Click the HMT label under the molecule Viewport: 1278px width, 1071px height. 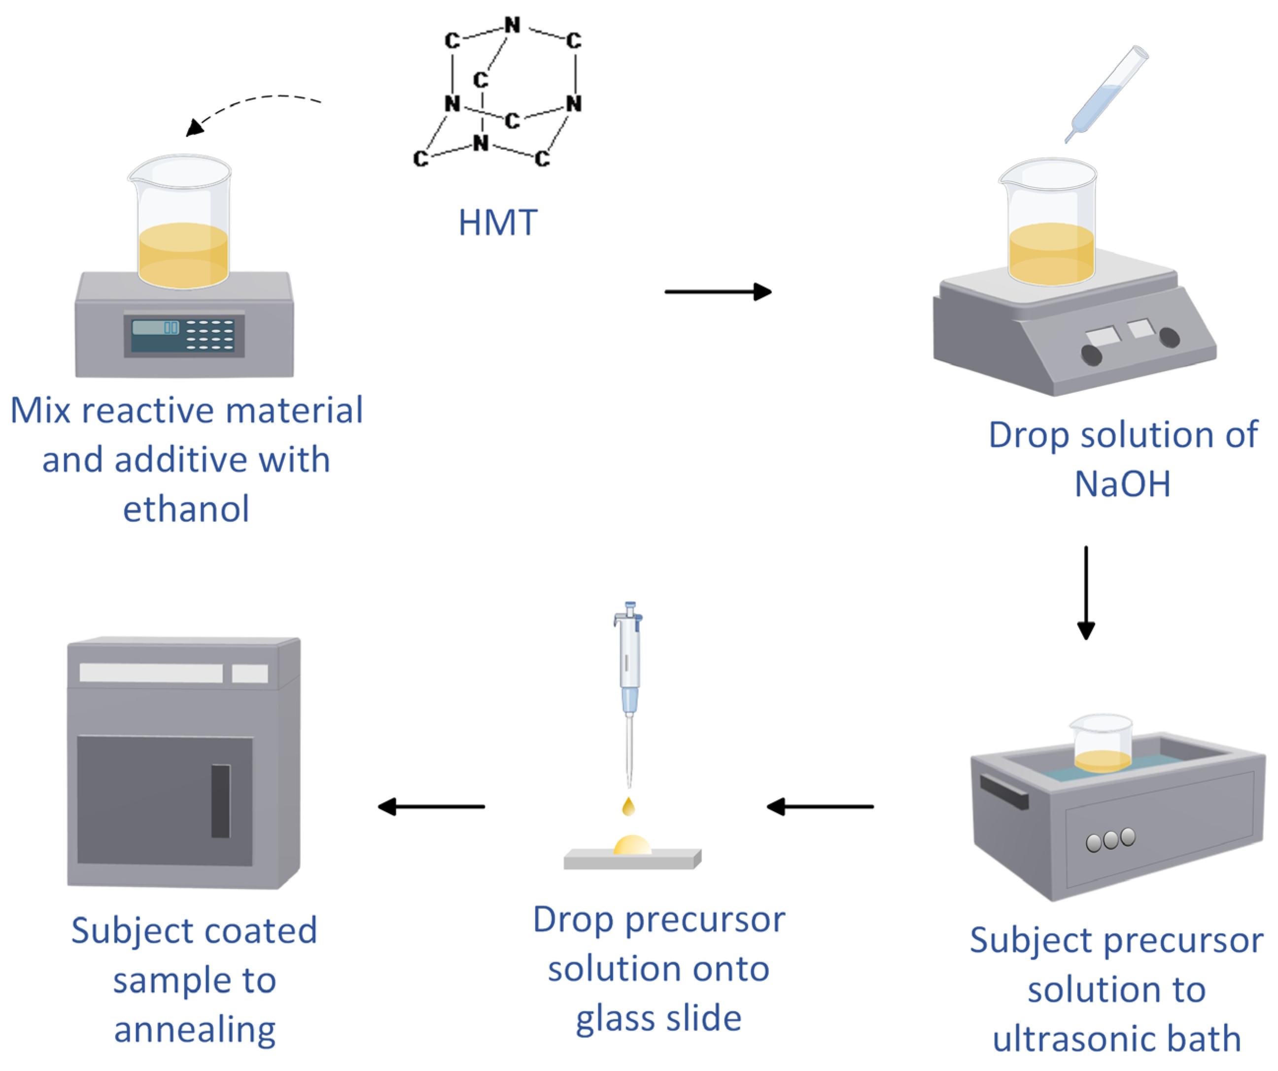(x=497, y=223)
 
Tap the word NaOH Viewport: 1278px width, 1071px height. (x=1122, y=484)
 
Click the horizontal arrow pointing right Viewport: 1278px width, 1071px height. (x=718, y=292)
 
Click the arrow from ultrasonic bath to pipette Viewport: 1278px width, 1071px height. (x=820, y=807)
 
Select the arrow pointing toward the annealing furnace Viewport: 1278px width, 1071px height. (x=431, y=807)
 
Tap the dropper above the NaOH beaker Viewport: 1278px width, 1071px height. (x=1106, y=94)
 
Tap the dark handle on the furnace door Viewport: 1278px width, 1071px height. (x=220, y=801)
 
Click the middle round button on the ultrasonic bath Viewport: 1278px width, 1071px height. (x=1110, y=840)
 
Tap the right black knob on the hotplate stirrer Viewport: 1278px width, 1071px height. (x=1169, y=337)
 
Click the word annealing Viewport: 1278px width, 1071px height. (x=195, y=1030)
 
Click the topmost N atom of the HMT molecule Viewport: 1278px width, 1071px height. (x=513, y=26)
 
